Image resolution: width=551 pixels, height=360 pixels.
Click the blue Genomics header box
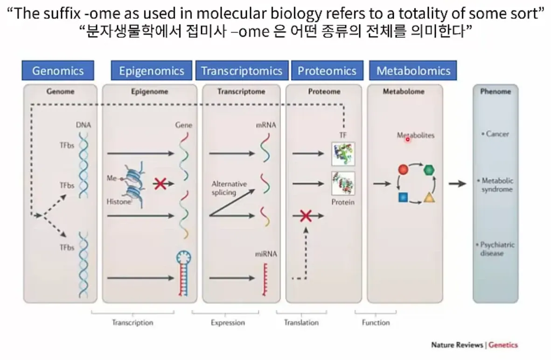click(58, 71)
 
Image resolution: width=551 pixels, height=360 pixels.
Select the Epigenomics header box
click(152, 71)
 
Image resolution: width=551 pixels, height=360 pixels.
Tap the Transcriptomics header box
click(242, 71)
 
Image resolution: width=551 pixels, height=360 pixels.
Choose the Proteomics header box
click(327, 71)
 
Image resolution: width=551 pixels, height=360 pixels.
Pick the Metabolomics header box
click(413, 71)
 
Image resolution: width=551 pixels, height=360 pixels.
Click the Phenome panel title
click(495, 92)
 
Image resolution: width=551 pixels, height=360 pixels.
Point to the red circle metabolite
click(404, 170)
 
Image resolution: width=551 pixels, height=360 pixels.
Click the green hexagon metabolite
click(429, 170)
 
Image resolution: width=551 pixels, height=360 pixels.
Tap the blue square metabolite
click(404, 197)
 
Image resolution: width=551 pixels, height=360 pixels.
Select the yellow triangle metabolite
click(429, 198)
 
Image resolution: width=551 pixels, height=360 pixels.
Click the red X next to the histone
click(160, 184)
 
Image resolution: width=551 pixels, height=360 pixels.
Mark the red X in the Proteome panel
click(306, 216)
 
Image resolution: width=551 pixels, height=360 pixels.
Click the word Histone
click(119, 201)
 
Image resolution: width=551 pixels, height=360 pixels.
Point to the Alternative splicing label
click(229, 188)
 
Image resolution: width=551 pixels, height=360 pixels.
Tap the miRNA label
click(266, 254)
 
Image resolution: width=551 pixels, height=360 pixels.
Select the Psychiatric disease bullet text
click(496, 249)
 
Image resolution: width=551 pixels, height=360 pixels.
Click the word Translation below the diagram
click(301, 322)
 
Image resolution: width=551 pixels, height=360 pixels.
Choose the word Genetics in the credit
click(503, 345)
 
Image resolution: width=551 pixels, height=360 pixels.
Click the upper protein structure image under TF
click(343, 154)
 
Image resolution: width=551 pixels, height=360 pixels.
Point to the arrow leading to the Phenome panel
click(458, 183)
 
